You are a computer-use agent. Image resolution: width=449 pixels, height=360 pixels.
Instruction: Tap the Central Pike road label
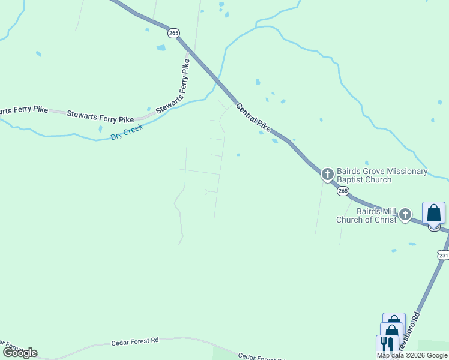coord(253,117)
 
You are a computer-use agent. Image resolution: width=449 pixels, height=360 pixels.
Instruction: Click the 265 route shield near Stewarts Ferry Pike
coord(173,34)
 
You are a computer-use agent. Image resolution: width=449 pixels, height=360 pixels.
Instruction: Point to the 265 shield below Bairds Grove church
coord(342,191)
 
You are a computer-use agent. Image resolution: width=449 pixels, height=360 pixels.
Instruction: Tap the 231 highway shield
coord(443,256)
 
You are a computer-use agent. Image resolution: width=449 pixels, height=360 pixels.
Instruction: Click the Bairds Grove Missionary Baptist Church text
coord(382,175)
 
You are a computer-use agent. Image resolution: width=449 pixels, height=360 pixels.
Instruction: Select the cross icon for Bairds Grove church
coord(328,175)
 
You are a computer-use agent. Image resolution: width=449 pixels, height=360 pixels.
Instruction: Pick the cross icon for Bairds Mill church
coord(405,214)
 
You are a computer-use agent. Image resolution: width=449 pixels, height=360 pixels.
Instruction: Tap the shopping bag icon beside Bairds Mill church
coord(433,213)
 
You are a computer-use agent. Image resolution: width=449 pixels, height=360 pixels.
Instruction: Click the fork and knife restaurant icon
coord(387,344)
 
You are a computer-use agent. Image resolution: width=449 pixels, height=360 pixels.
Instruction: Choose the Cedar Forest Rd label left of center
coord(135,341)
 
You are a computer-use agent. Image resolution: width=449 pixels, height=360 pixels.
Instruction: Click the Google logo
coord(20,352)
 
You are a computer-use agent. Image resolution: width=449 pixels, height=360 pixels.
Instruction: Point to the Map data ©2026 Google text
coord(412,355)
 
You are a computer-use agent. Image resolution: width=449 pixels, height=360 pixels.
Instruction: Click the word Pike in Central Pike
coord(264,125)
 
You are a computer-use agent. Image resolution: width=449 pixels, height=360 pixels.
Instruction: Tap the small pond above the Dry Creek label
coord(100,128)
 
